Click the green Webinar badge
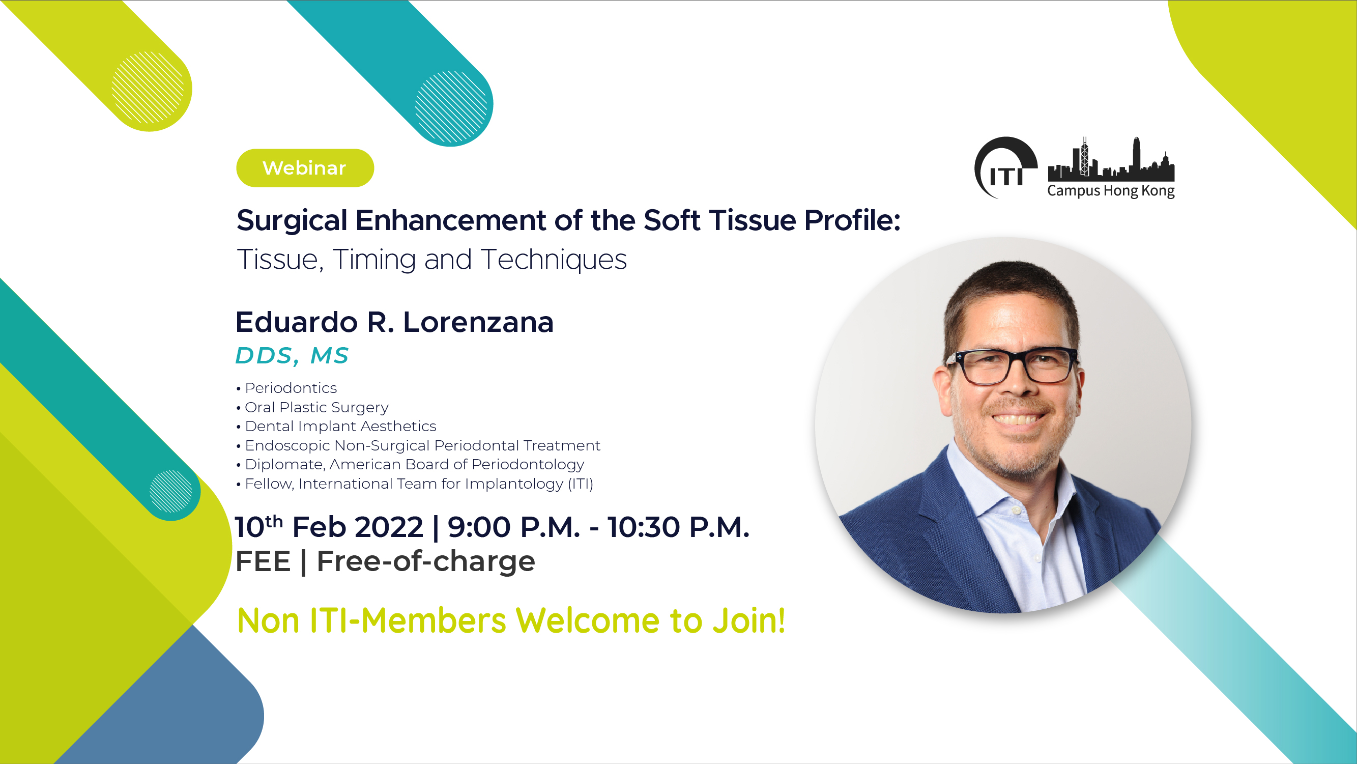pos(305,168)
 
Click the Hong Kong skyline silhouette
pos(1111,159)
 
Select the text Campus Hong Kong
pos(1110,191)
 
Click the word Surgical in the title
pos(292,221)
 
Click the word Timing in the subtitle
pos(374,259)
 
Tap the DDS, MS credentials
pos(292,356)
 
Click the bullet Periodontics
pos(286,388)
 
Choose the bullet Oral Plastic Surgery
pos(312,407)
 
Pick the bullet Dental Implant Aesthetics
pos(336,426)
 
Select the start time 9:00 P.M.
pos(513,527)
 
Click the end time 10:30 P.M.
pos(679,527)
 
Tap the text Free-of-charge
pos(426,561)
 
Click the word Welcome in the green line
pos(587,620)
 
